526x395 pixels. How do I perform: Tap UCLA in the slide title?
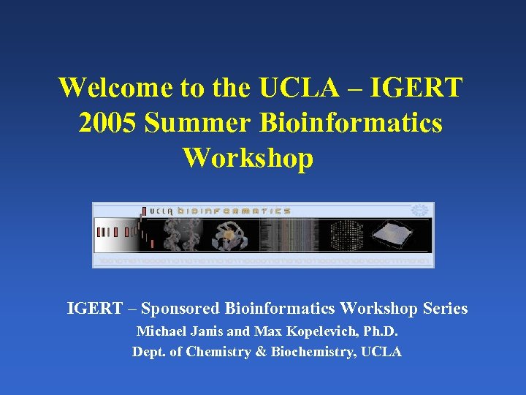pyautogui.click(x=299, y=88)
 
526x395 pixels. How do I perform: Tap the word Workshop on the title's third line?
pyautogui.click(x=248, y=157)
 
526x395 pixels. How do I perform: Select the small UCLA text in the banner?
pyautogui.click(x=161, y=211)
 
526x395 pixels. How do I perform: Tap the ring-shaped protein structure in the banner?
pyautogui.click(x=230, y=236)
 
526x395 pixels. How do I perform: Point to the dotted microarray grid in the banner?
pyautogui.click(x=346, y=236)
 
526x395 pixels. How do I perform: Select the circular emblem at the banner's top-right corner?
pyautogui.click(x=419, y=211)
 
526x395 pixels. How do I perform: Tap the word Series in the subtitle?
pyautogui.click(x=445, y=309)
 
